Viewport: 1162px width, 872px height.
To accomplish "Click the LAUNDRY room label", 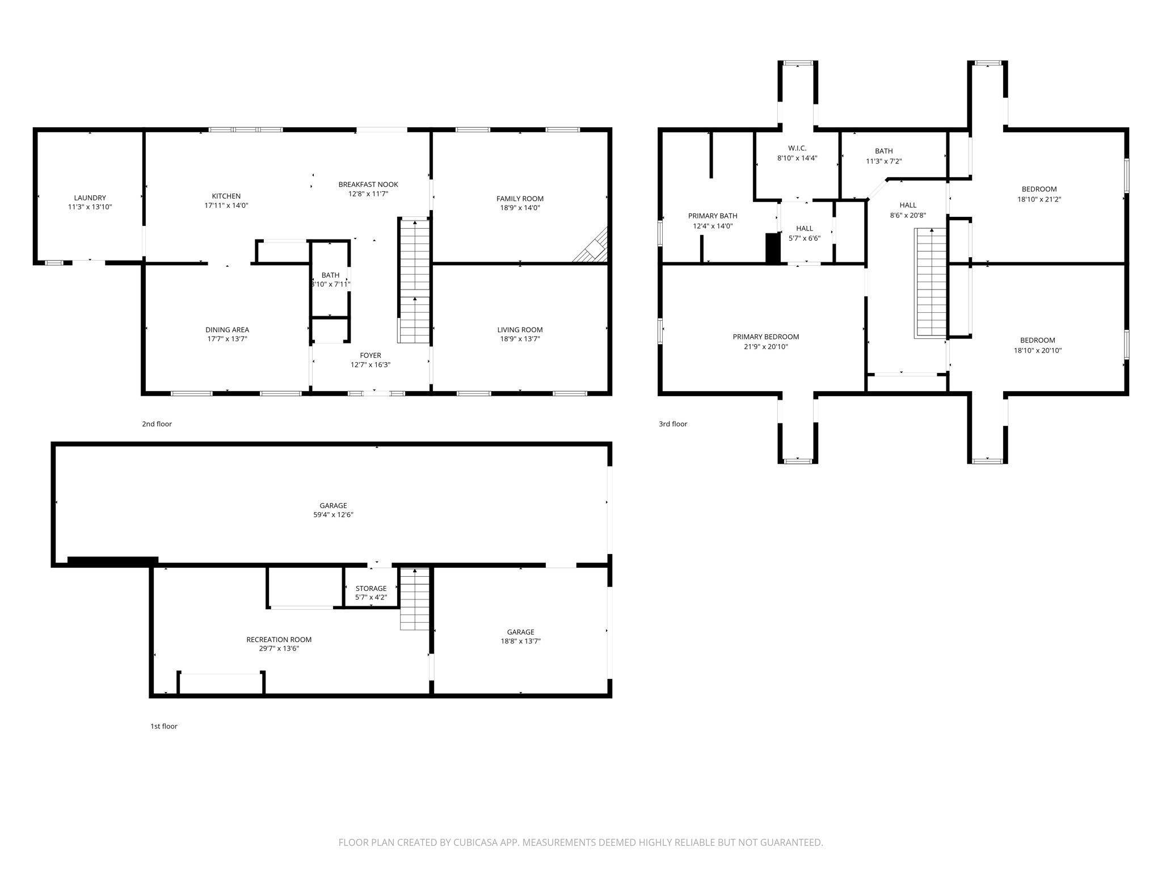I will pos(90,198).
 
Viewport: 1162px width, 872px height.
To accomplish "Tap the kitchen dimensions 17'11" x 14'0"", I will pos(226,206).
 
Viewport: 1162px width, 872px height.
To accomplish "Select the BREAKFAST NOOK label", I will pos(368,185).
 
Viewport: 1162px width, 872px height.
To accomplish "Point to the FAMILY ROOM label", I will pos(520,199).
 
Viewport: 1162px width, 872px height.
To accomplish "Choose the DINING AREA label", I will pos(227,330).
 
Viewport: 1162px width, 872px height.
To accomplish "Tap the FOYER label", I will pos(371,355).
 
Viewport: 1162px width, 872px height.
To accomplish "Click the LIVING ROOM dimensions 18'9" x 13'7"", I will pos(520,339).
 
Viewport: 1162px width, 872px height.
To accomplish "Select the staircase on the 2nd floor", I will pos(415,281).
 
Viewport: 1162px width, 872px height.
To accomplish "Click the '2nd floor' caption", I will pos(157,424).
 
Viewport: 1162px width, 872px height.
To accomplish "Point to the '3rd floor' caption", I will pos(673,424).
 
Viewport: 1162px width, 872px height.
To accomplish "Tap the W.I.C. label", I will pos(797,148).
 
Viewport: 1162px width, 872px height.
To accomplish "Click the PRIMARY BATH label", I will pos(713,216).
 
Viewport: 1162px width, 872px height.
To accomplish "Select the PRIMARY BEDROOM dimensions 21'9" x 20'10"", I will pos(766,346).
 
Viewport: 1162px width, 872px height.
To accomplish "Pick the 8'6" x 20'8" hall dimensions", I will pos(908,215).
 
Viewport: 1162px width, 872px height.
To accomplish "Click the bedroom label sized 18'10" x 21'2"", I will pos(1039,190).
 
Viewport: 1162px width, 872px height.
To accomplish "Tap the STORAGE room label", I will pos(371,588).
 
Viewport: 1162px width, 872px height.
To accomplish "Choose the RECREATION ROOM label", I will pos(279,639).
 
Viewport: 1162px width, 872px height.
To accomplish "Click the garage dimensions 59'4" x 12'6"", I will pos(333,515).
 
